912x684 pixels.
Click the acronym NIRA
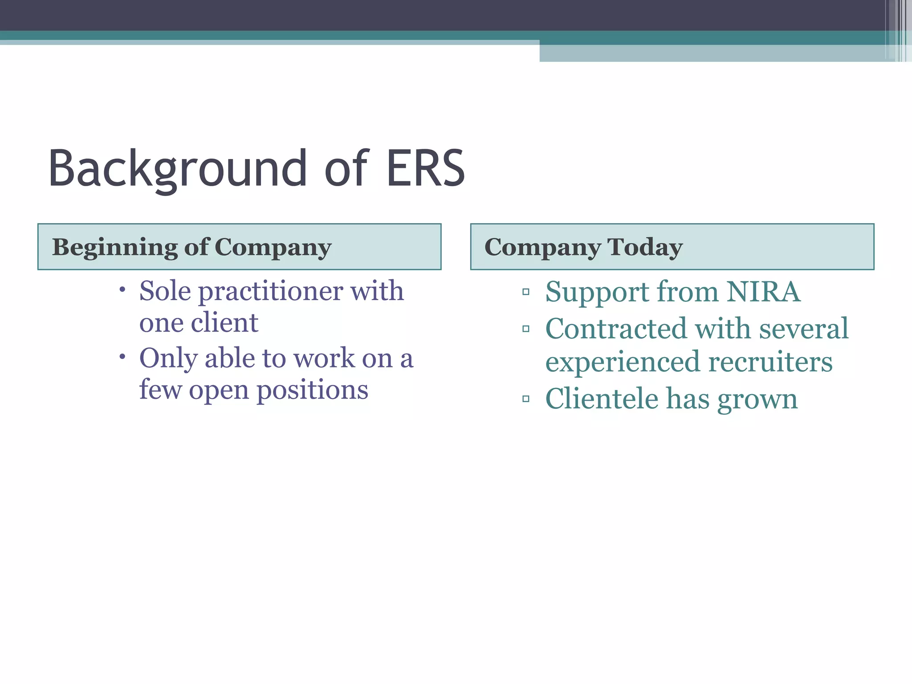[763, 292]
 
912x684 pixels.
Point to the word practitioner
[270, 292]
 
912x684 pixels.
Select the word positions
[312, 390]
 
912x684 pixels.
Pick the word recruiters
[770, 362]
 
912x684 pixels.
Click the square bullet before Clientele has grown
[526, 399]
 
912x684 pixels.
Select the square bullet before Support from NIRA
[526, 292]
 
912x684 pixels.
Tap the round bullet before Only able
[122, 357]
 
